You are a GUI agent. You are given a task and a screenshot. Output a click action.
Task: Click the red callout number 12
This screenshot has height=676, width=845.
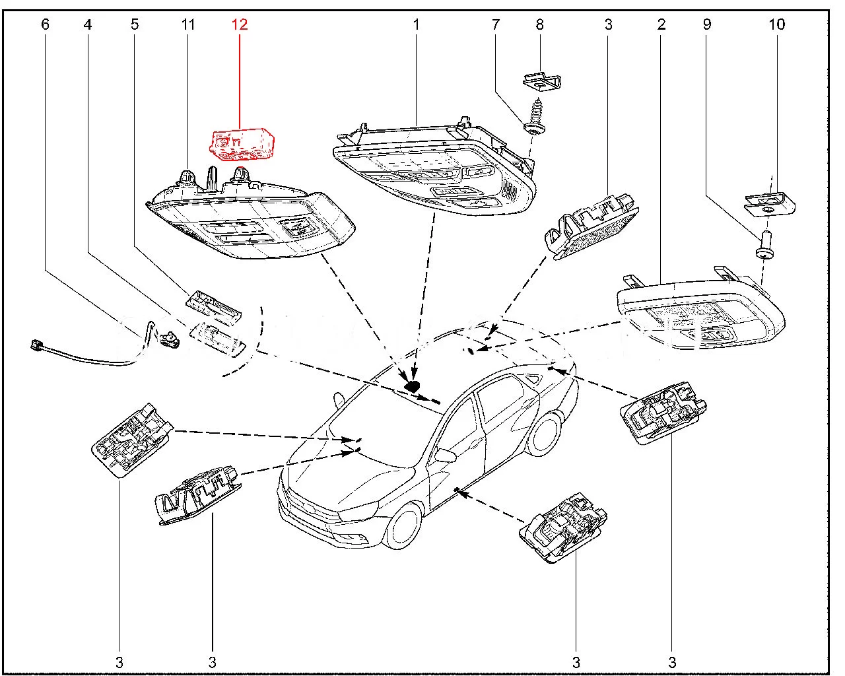pyautogui.click(x=239, y=25)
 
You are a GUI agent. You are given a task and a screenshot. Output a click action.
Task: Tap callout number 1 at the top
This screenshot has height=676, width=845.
pyautogui.click(x=417, y=25)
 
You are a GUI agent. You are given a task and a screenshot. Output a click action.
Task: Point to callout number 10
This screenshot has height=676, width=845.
pyautogui.click(x=777, y=25)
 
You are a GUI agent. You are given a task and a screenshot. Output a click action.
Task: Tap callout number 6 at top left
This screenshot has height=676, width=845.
pyautogui.click(x=45, y=25)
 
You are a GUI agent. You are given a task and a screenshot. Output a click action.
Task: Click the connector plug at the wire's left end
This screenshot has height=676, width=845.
pyautogui.click(x=38, y=344)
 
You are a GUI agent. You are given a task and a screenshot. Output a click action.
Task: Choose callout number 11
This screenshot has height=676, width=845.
pyautogui.click(x=188, y=25)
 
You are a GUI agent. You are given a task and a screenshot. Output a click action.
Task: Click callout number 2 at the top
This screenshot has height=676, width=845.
pyautogui.click(x=661, y=25)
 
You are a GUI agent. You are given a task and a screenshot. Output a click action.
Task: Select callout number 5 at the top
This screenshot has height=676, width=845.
pyautogui.click(x=135, y=25)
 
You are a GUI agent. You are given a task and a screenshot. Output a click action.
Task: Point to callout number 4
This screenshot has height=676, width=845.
pyautogui.click(x=87, y=25)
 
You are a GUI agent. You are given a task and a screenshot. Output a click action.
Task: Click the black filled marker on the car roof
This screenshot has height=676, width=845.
pyautogui.click(x=412, y=386)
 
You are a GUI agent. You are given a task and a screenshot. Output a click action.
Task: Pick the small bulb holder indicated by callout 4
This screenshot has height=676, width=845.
pyautogui.click(x=172, y=340)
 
